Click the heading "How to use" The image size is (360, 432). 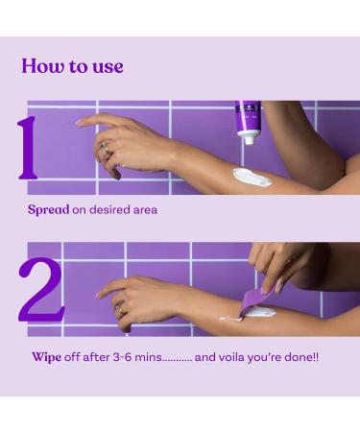72,66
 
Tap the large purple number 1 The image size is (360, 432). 27,149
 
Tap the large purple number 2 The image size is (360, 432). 41,288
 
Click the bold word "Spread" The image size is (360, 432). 48,209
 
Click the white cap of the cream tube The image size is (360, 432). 248,137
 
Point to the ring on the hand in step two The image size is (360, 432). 120,307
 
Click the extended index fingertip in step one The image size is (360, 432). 80,121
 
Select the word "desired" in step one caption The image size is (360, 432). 108,209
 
